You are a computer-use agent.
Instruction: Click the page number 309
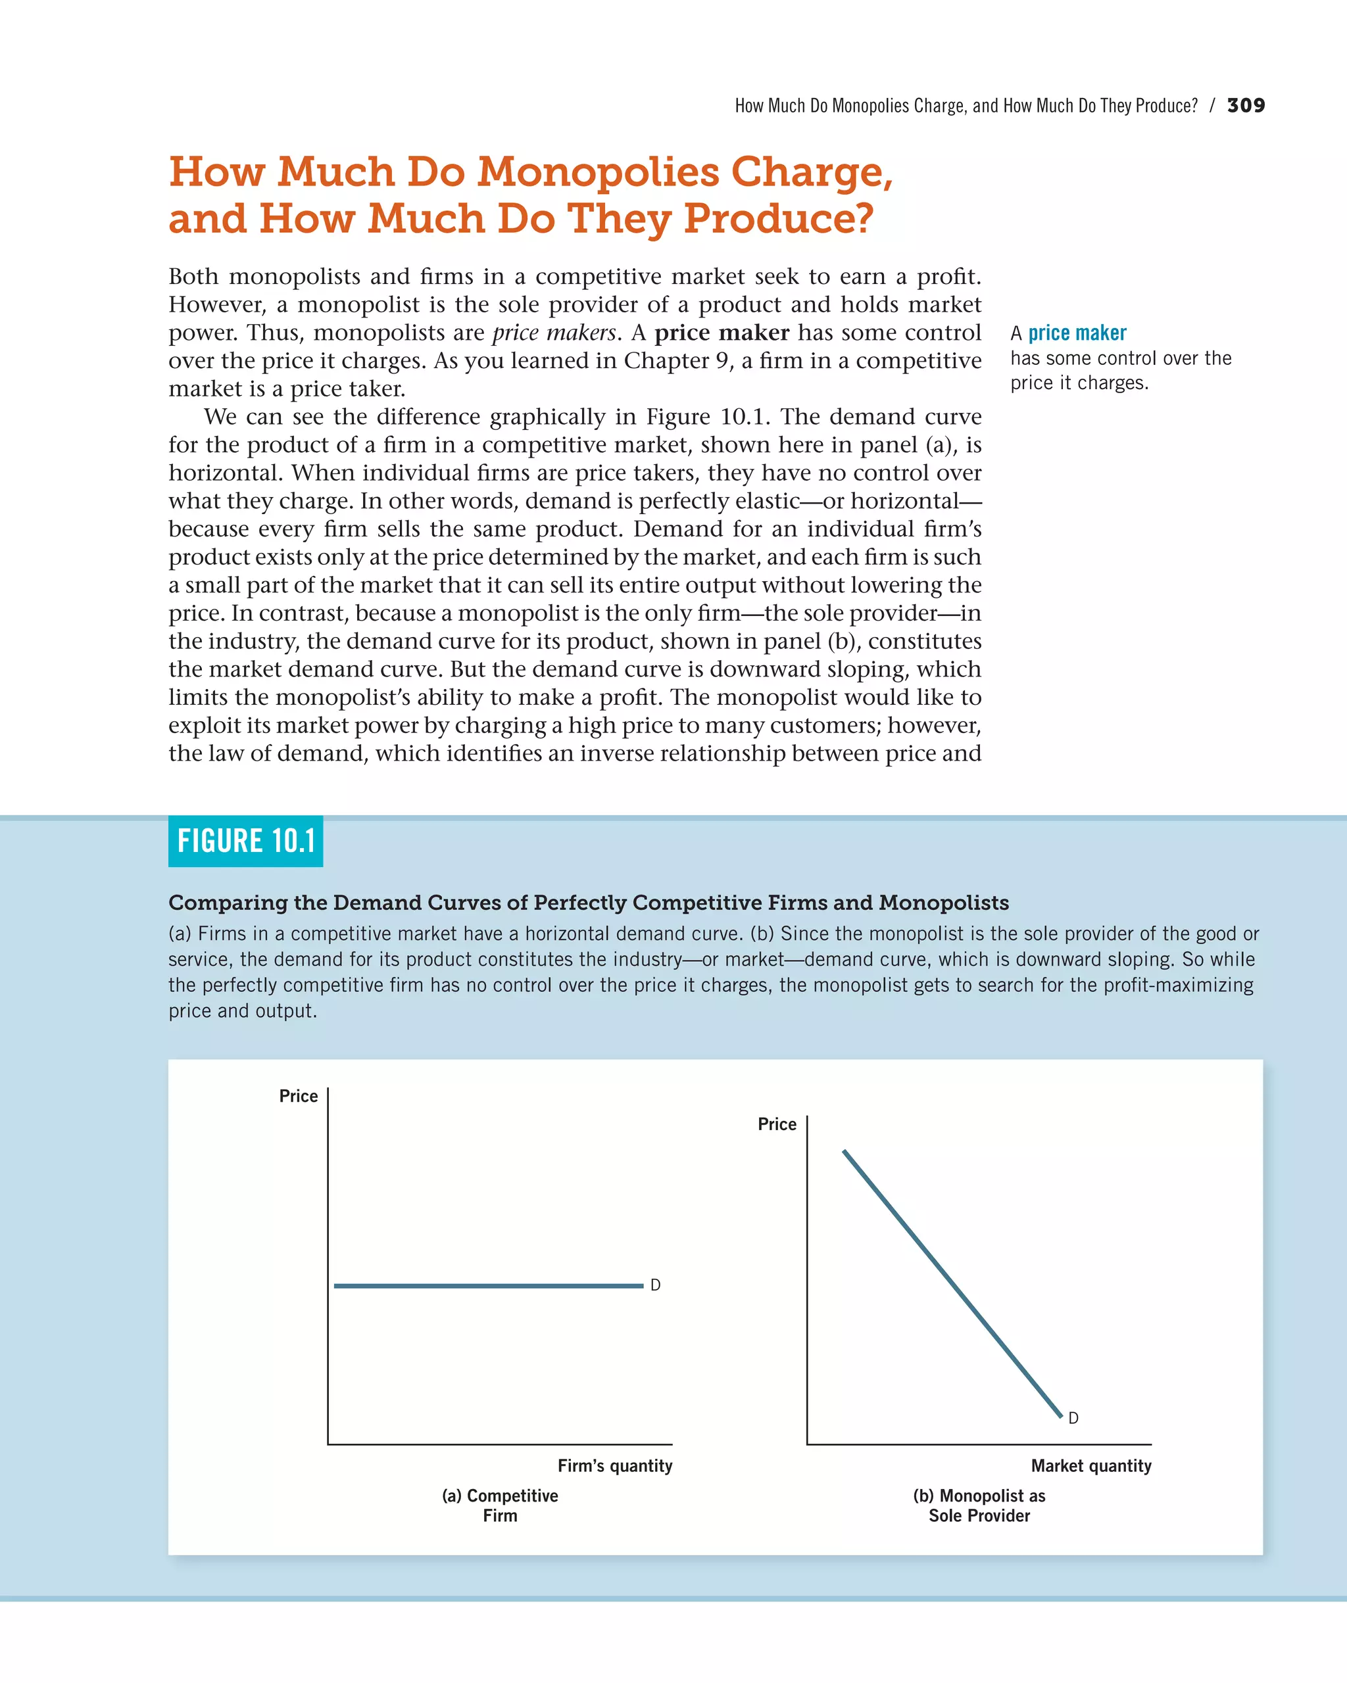point(1246,105)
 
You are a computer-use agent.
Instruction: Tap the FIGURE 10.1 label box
point(245,841)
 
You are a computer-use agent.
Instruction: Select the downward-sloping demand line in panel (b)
point(952,1283)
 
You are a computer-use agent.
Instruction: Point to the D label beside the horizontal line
point(655,1285)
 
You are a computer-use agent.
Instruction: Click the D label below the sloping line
point(1073,1417)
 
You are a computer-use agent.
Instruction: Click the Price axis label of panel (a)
point(299,1096)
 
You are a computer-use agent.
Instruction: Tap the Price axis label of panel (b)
point(777,1124)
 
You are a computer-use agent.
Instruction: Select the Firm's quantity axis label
point(614,1466)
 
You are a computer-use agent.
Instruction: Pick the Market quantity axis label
point(1091,1466)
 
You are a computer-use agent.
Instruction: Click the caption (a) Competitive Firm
point(500,1505)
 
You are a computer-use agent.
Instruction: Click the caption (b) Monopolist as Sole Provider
point(979,1505)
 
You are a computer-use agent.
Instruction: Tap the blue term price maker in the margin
point(1077,333)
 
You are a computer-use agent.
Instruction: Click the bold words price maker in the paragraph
point(722,333)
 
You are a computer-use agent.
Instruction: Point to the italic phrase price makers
point(554,333)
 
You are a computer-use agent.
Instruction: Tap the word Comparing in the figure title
point(228,903)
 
